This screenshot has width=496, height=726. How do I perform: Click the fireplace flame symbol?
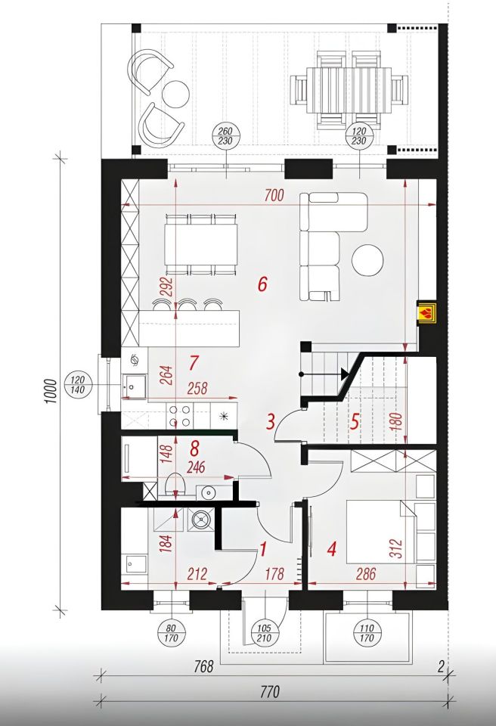click(426, 312)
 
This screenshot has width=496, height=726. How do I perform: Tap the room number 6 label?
click(262, 284)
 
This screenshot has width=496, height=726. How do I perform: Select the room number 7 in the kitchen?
click(194, 362)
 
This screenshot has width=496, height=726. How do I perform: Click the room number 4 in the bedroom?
click(332, 549)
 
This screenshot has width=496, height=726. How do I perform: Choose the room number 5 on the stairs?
click(355, 421)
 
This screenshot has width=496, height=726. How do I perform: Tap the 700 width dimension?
click(274, 195)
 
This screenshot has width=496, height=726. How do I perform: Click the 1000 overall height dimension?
click(51, 391)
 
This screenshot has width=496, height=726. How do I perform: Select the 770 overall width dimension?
click(270, 692)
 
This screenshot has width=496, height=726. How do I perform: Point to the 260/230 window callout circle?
click(225, 136)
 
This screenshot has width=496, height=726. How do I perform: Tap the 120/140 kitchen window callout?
click(77, 384)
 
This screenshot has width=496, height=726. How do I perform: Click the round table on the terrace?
click(176, 94)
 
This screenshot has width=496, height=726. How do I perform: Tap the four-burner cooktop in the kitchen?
click(181, 415)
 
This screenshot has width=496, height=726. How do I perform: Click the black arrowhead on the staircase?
click(345, 374)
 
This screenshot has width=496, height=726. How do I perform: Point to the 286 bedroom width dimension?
click(366, 574)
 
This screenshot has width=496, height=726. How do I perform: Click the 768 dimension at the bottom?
click(203, 667)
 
